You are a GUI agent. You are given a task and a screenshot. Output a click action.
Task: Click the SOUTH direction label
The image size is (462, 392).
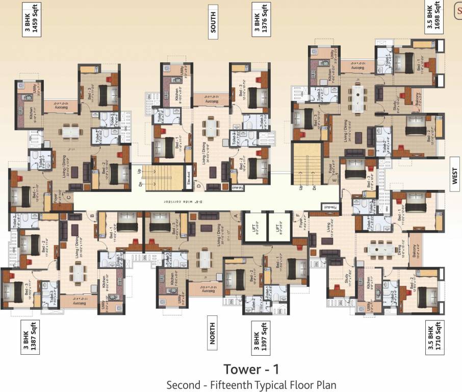213,22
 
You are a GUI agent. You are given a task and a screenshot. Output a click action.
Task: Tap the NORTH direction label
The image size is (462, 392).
213,332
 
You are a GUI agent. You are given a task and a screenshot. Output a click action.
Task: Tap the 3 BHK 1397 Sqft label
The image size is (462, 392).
260,336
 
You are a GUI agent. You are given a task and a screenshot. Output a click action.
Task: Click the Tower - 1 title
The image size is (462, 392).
251,369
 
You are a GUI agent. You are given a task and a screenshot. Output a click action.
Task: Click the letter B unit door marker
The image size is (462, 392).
92,216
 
